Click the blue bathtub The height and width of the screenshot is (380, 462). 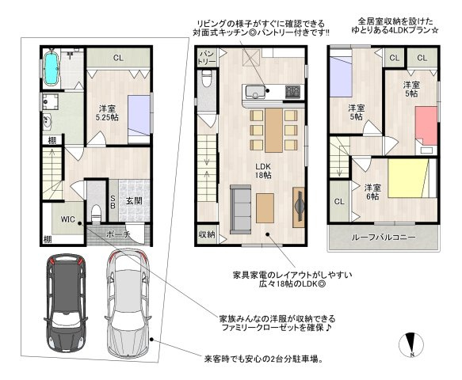[52, 68]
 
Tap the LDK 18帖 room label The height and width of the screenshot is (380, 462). [263, 171]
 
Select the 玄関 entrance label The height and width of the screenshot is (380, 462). [134, 201]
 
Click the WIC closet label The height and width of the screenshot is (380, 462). [68, 219]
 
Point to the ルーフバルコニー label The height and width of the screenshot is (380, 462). [384, 237]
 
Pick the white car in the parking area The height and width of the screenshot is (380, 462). [128, 302]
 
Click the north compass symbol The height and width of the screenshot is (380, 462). [411, 344]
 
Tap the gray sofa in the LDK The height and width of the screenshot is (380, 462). [240, 210]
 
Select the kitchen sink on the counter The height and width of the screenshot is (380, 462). [254, 92]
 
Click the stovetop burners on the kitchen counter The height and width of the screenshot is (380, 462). [292, 92]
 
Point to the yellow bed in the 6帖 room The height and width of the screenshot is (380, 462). [408, 178]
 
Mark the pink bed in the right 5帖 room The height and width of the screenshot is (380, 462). [426, 126]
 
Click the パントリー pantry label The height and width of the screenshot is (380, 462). [208, 58]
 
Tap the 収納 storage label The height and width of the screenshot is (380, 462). [207, 234]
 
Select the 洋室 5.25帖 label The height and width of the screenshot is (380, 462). [107, 113]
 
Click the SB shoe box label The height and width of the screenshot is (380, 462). [113, 202]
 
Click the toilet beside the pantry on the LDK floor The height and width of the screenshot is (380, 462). [207, 79]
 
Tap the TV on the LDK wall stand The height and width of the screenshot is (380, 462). [300, 207]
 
